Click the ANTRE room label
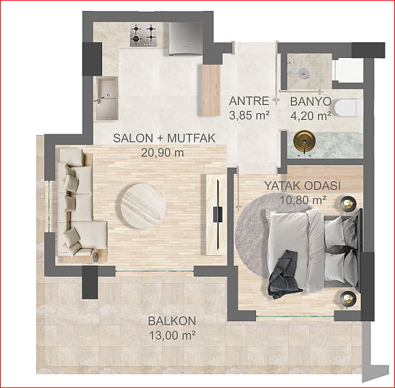[249, 101]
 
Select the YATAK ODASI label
[302, 186]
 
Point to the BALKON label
[172, 321]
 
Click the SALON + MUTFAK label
[164, 138]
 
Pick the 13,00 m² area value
[172, 335]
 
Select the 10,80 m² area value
[303, 200]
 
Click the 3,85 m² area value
[249, 115]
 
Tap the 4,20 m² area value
[311, 116]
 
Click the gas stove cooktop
[143, 35]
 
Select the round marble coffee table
[143, 207]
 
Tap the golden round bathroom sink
[304, 141]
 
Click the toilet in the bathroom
[347, 108]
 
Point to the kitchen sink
[106, 98]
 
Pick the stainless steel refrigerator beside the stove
[186, 38]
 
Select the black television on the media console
[218, 214]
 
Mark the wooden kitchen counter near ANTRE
[211, 91]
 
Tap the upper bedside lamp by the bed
[348, 203]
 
